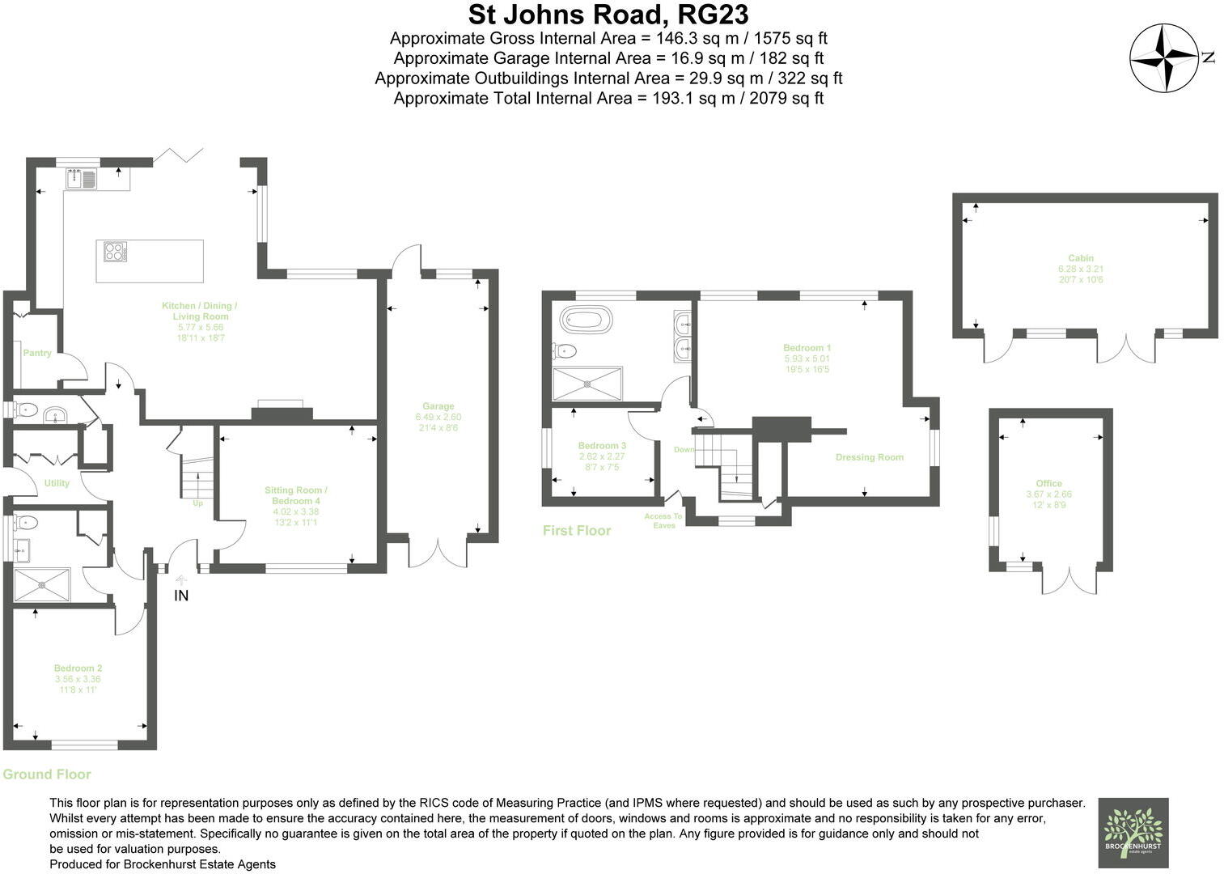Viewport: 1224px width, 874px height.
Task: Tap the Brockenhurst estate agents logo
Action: (x=1133, y=834)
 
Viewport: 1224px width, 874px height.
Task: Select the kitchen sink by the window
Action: (x=81, y=178)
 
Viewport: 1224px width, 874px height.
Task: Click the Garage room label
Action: (x=438, y=406)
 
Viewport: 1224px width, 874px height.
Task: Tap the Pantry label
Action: (x=37, y=353)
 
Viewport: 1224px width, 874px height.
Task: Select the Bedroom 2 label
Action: (x=78, y=668)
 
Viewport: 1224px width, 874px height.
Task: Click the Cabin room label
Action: (x=1080, y=258)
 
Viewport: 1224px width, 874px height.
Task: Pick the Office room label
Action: (x=1048, y=483)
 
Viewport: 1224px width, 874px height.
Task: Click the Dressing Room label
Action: (x=869, y=457)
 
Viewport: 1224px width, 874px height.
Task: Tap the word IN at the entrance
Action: (x=181, y=596)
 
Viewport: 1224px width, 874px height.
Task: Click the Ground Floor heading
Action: (x=47, y=774)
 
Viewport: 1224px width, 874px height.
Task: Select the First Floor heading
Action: (x=576, y=531)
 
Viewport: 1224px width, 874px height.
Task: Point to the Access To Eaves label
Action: (x=663, y=520)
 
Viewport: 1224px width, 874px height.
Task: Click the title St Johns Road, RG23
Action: (x=608, y=15)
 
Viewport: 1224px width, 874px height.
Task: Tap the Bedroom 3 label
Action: (x=602, y=446)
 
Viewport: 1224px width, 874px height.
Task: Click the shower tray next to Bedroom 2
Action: (x=42, y=585)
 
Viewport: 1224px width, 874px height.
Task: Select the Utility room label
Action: (x=57, y=483)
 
